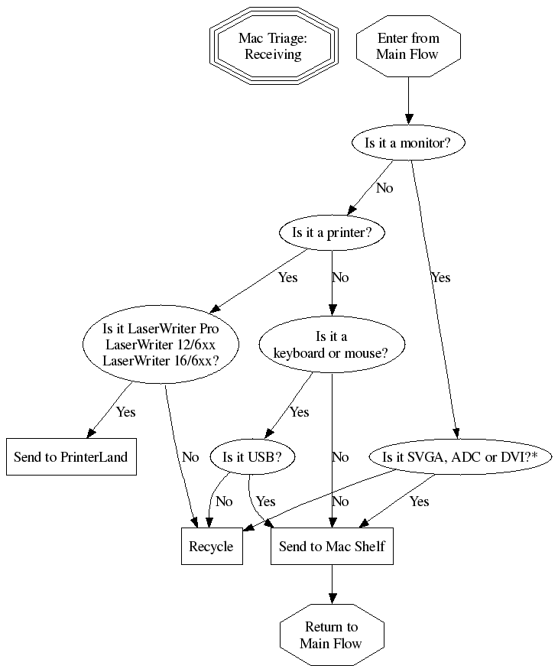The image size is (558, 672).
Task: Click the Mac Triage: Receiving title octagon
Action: point(273,46)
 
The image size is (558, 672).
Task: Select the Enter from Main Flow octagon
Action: point(408,46)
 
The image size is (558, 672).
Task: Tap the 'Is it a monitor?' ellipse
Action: point(408,143)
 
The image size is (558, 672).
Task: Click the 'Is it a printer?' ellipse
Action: point(332,233)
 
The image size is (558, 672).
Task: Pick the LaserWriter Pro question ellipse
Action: point(161,345)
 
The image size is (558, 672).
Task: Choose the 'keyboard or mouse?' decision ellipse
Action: point(331,345)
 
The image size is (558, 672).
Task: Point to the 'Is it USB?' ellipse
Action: point(252,457)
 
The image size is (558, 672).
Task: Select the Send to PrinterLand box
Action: point(71,457)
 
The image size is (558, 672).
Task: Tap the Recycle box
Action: point(212,547)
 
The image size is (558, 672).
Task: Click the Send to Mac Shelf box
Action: point(332,547)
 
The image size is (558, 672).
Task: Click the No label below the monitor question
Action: point(384,187)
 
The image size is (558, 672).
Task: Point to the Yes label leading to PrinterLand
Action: point(125,412)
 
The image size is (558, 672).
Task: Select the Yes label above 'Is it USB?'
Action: point(300,412)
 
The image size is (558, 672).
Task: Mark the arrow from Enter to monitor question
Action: point(408,103)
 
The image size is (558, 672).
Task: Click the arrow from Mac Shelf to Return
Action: point(332,585)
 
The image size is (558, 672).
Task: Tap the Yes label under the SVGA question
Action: point(419,502)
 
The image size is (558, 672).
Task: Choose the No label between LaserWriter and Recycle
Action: point(190,457)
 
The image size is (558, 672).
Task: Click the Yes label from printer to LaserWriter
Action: point(287,278)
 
